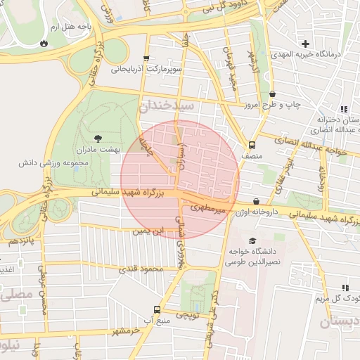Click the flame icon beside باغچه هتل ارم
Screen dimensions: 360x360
(44, 42)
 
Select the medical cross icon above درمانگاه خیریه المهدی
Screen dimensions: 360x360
(305, 43)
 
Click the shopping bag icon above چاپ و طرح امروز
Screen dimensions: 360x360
(272, 94)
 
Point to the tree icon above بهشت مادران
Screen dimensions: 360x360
(98, 139)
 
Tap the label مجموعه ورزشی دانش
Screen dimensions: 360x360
(54, 162)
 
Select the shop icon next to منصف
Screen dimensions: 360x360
(243, 139)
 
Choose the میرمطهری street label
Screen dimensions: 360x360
(207, 209)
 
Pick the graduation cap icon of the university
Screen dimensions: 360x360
(252, 240)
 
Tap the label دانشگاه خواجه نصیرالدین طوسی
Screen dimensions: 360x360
(252, 255)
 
